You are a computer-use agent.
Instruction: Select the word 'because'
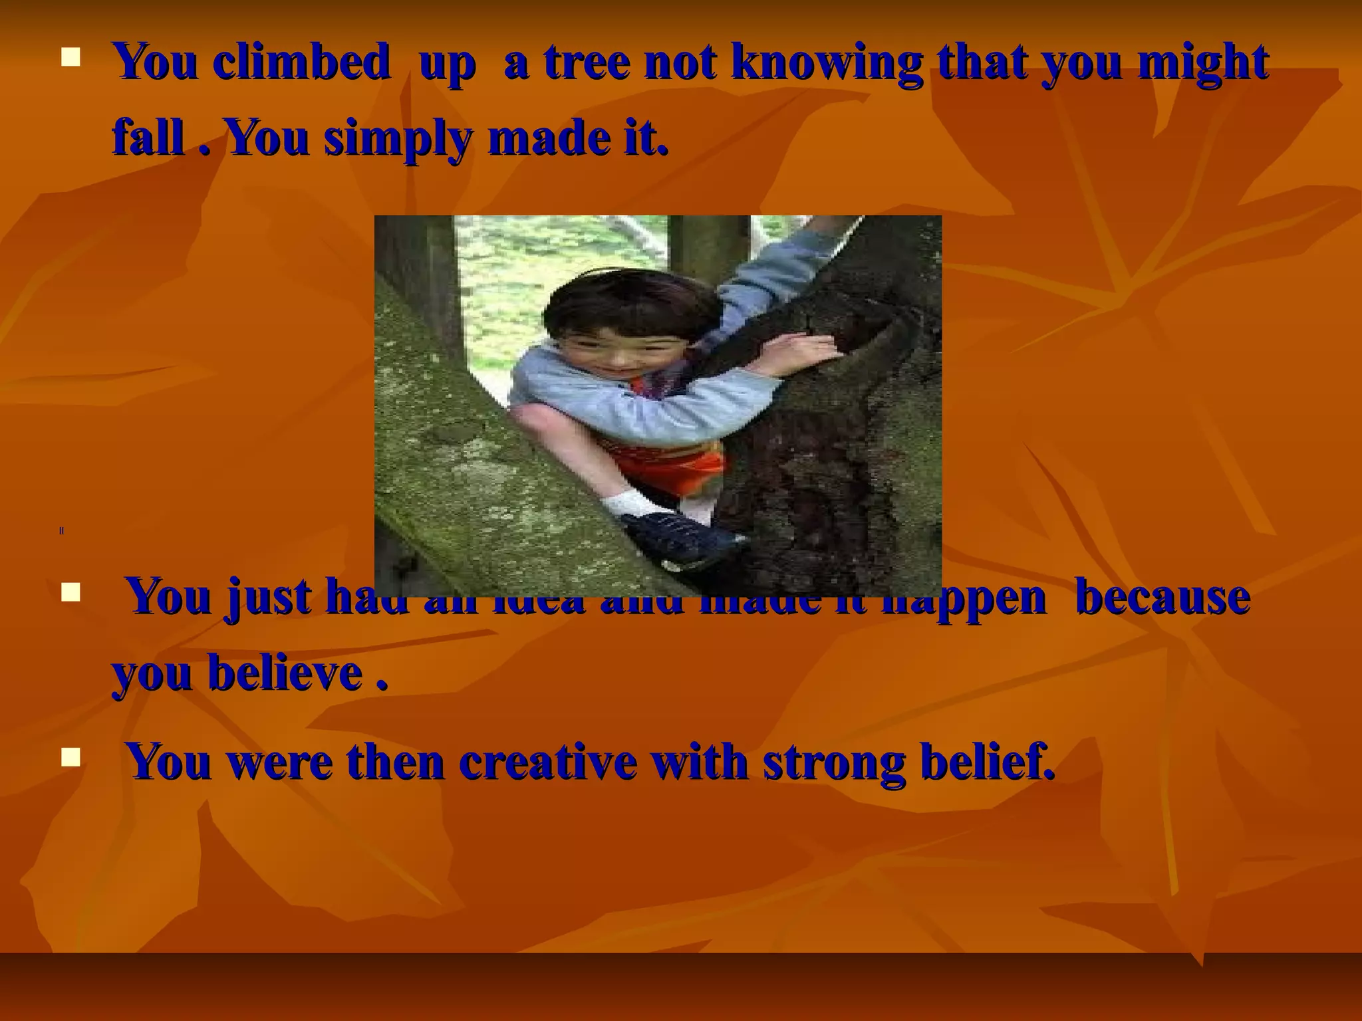pos(1162,597)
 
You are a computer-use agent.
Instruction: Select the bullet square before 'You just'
pos(70,592)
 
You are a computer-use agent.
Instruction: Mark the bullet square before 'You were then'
pos(70,756)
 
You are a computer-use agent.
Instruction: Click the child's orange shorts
pos(672,465)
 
